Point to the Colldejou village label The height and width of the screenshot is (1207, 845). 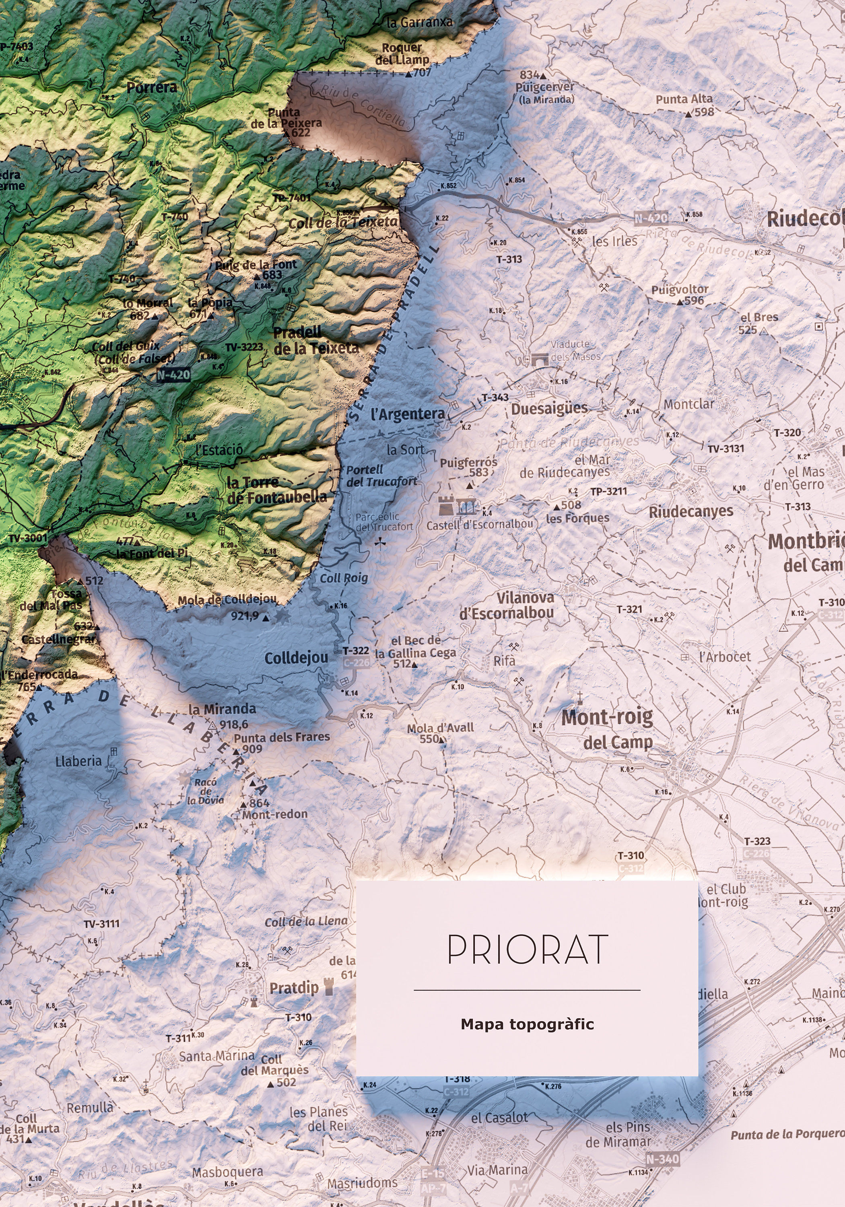[296, 658]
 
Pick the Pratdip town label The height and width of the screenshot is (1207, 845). [294, 988]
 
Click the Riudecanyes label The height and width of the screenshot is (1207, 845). [690, 511]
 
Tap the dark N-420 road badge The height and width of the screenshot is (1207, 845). [173, 375]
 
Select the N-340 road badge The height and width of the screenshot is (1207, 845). [662, 1159]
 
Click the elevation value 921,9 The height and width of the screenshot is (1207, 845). [245, 615]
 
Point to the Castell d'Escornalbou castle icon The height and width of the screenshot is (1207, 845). [446, 505]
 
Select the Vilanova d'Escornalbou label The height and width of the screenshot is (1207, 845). [507, 605]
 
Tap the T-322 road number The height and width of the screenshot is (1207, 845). [356, 651]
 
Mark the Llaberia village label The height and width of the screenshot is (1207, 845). [78, 761]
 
